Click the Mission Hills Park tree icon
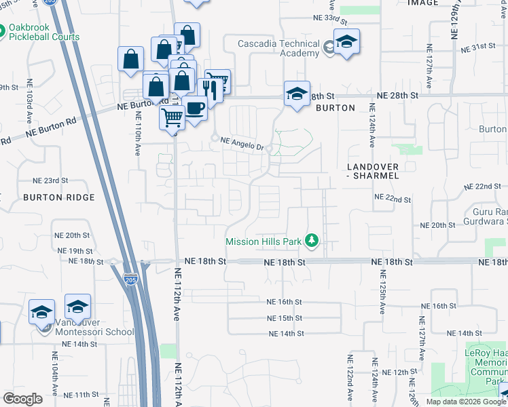[312, 241]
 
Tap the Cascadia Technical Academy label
[278, 48]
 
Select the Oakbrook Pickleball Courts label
[45, 33]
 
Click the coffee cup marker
[195, 107]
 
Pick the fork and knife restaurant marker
[209, 90]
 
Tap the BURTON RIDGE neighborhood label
[58, 197]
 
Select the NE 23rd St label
[52, 180]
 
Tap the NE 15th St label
[285, 317]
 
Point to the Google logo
[22, 398]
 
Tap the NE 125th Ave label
[382, 292]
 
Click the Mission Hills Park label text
[266, 241]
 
